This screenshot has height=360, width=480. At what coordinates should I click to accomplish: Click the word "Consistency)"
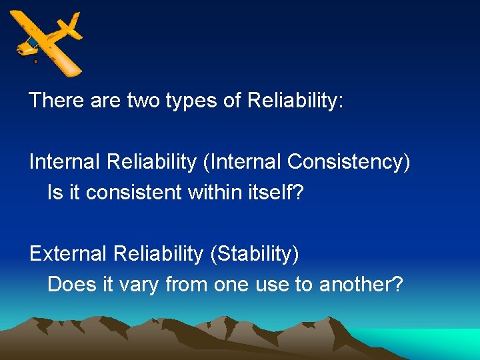click(x=349, y=162)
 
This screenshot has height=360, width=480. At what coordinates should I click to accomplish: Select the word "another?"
click(x=361, y=285)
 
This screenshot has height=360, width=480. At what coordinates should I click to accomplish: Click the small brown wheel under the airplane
click(x=35, y=61)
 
